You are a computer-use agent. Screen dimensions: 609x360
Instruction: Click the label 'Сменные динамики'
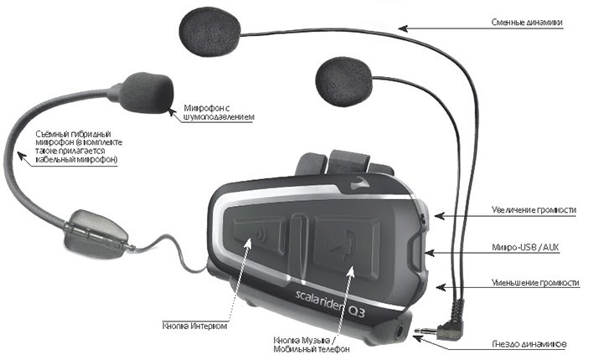point(527,23)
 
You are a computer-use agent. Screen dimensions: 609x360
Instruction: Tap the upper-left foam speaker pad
point(209,32)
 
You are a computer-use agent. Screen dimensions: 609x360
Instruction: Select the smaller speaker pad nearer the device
point(343,81)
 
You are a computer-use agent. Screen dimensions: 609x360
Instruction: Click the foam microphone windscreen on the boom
point(145,93)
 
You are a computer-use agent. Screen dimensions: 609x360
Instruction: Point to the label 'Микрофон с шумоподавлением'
point(219,112)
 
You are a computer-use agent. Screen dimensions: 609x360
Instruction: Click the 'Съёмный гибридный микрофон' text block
point(79,147)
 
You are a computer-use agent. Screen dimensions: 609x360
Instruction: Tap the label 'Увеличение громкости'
point(534,209)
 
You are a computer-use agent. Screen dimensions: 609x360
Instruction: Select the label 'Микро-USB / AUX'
point(525,247)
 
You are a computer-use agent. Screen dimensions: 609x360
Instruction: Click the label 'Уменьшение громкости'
point(535,283)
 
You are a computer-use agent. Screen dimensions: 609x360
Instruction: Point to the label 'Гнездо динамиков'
point(529,344)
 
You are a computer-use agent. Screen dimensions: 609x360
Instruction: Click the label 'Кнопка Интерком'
point(194,326)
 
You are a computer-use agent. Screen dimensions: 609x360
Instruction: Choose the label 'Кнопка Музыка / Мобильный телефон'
point(311,344)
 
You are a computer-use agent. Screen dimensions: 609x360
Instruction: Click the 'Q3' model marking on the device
point(357,311)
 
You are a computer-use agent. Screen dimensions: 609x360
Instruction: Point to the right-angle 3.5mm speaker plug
point(443,323)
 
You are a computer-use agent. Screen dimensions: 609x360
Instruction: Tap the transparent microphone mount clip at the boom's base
point(96,233)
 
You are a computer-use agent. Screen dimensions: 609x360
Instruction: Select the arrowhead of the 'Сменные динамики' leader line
point(403,28)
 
